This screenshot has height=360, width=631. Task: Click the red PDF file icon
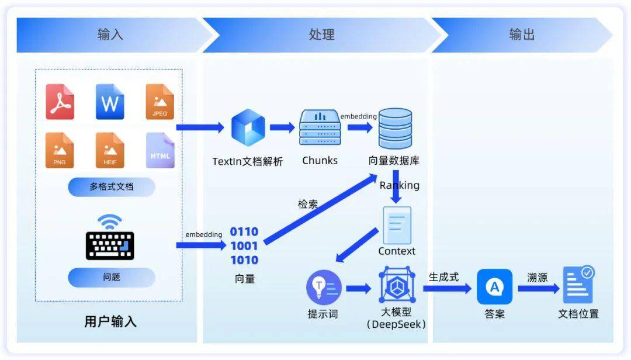[x=60, y=102]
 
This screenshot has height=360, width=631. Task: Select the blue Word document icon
[x=110, y=102]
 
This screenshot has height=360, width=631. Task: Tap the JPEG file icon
[x=160, y=102]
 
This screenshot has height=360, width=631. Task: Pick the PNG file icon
[x=60, y=150]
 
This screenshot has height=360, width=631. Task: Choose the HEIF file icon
[x=110, y=150]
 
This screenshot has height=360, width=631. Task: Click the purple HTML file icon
[x=160, y=150]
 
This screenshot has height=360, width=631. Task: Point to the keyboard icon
[x=110, y=245]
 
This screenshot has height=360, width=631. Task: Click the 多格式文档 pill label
[x=112, y=187]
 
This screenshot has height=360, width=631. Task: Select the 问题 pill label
[x=112, y=277]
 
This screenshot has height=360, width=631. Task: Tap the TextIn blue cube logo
[x=248, y=127]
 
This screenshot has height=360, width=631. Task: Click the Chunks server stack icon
[x=320, y=127]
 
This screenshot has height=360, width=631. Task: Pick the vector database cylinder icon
[x=395, y=129]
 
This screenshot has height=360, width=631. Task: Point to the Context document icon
[x=397, y=226]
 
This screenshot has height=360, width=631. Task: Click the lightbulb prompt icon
[x=324, y=288]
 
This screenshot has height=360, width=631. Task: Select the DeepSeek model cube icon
[x=397, y=285]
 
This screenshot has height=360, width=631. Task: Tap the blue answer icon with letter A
[x=495, y=287]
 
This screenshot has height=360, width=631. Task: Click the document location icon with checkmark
[x=578, y=285]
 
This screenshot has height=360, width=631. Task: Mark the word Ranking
[x=399, y=185]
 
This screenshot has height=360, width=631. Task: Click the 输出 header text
[x=522, y=34]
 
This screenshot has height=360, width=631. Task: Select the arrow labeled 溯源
[x=539, y=288]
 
